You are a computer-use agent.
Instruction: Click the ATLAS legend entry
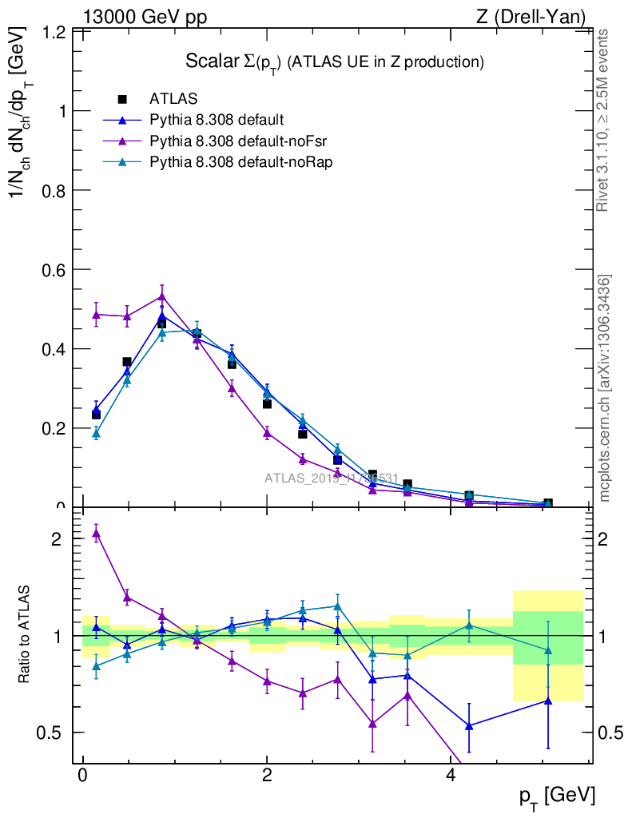(173, 99)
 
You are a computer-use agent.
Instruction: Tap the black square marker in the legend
(122, 99)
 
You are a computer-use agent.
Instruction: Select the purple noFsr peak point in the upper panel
(161, 296)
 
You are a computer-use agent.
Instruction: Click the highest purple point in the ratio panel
(96, 533)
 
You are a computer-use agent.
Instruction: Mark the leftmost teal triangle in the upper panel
(96, 433)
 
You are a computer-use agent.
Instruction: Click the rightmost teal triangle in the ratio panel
(547, 650)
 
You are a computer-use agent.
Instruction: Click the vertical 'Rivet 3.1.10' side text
(604, 120)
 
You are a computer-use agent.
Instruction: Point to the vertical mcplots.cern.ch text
(605, 388)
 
